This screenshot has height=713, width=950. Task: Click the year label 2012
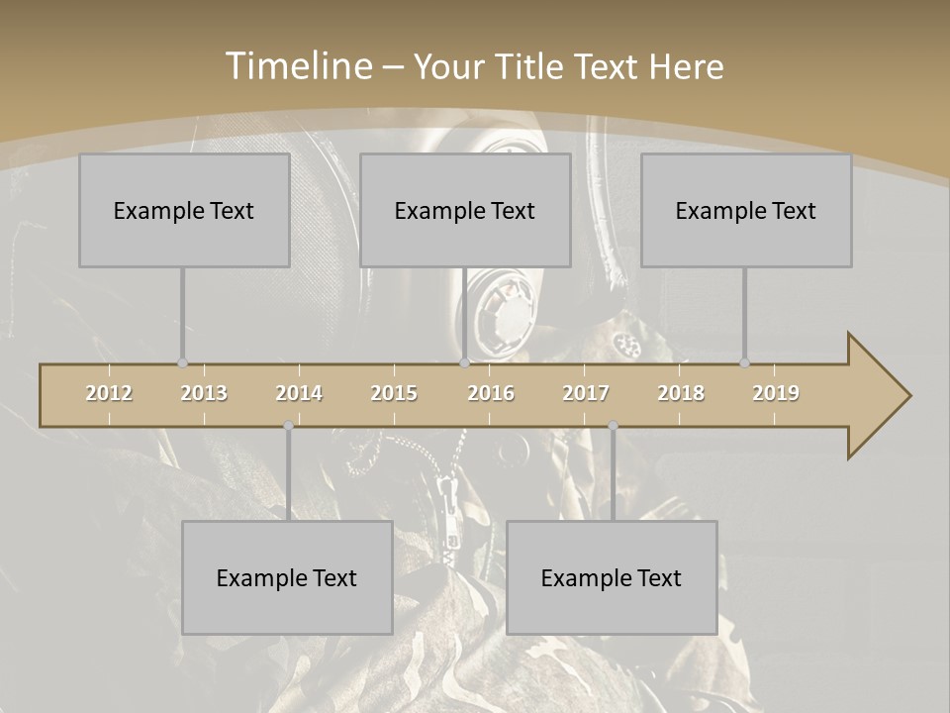coord(109,393)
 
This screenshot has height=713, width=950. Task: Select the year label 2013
coord(204,393)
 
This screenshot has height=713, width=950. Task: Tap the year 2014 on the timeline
coord(299,393)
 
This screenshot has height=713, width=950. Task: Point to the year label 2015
coord(394,393)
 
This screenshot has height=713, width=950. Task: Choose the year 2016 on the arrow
coord(491,393)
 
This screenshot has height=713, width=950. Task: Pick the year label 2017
coord(586,393)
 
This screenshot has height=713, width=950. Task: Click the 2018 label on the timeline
coord(681,393)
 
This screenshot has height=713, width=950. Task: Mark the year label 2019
coord(776,393)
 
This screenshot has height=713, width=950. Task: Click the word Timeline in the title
coord(296,66)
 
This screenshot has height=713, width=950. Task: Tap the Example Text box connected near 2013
coord(184,211)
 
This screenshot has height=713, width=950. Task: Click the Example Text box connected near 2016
coord(465,211)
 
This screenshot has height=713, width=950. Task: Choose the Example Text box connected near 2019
coord(746,211)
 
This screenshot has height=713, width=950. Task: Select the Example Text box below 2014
coord(287,578)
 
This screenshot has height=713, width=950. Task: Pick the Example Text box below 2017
coord(612,578)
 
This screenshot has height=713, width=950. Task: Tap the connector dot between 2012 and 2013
coord(182,363)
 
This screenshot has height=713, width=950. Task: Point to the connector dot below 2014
coord(288,426)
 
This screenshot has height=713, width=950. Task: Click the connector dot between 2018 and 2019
coord(744,363)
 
